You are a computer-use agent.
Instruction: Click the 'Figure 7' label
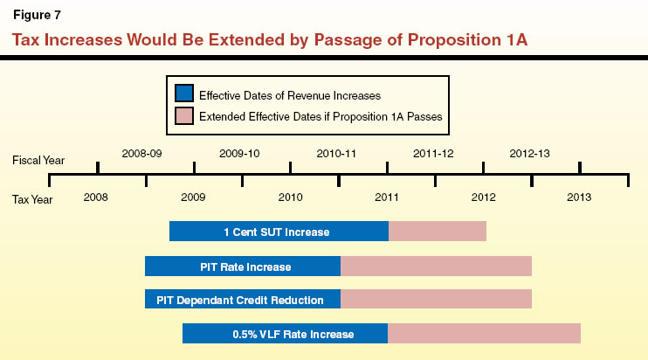click(x=36, y=16)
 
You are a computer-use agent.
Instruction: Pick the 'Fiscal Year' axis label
click(x=38, y=162)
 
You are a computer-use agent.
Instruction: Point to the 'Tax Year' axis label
click(x=33, y=199)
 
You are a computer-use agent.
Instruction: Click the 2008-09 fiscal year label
click(x=141, y=153)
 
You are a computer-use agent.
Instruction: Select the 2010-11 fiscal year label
click(x=336, y=153)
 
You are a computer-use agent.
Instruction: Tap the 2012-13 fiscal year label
click(x=529, y=153)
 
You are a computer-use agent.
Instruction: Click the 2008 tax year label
click(x=96, y=197)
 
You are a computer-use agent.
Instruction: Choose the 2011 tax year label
click(x=387, y=197)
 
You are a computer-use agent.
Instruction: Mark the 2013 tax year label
click(x=579, y=197)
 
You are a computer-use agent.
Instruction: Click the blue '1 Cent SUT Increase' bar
click(x=278, y=232)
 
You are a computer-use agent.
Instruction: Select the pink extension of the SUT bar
click(x=437, y=232)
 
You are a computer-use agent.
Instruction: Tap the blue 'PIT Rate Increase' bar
click(x=242, y=267)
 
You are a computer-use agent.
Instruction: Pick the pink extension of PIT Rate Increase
click(x=436, y=267)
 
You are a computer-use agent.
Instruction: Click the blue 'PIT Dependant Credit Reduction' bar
click(x=242, y=300)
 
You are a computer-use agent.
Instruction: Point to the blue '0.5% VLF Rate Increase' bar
click(x=285, y=334)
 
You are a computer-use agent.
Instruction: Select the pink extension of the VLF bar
click(x=484, y=334)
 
